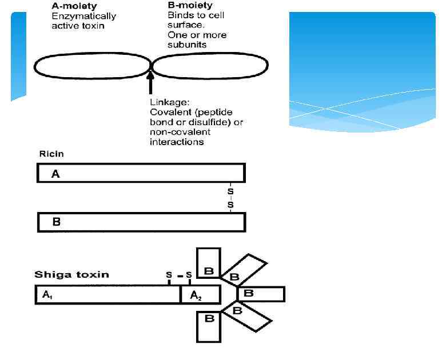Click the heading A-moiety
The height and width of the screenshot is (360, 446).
click(x=74, y=6)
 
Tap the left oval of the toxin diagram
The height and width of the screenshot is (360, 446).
click(x=91, y=67)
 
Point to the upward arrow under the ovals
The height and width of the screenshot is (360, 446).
click(x=151, y=82)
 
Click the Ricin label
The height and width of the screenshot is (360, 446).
click(x=51, y=154)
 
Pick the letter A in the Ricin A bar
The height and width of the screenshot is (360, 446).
click(x=55, y=174)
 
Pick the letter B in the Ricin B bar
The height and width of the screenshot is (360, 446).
click(x=56, y=222)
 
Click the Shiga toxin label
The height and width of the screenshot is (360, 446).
click(x=72, y=274)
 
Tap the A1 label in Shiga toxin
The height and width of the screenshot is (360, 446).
click(x=47, y=295)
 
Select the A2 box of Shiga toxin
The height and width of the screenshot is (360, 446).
click(x=200, y=295)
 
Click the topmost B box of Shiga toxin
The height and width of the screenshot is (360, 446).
click(x=209, y=263)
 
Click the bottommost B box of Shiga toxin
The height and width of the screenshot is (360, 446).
click(x=209, y=326)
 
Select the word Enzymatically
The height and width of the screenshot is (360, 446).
click(x=83, y=16)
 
